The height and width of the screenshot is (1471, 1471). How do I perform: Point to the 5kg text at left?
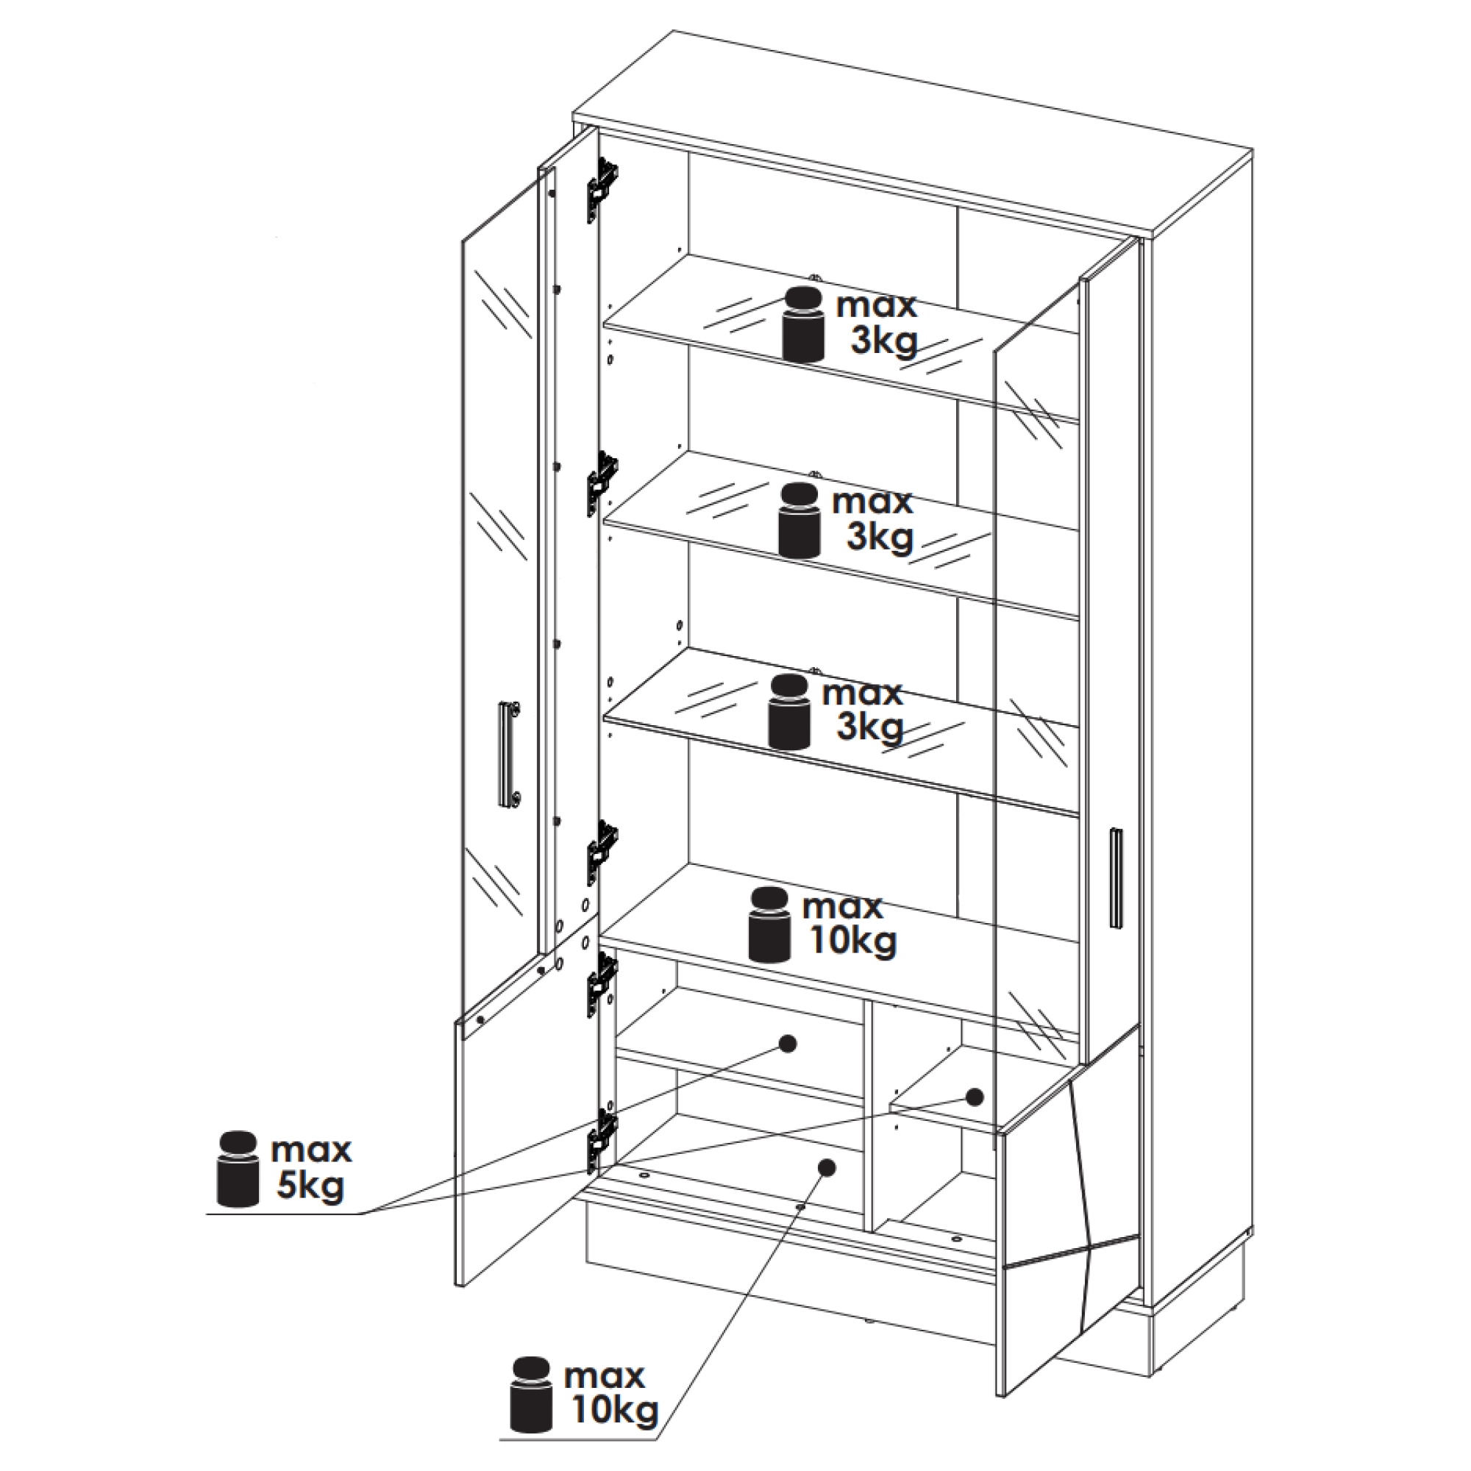pos(310,1188)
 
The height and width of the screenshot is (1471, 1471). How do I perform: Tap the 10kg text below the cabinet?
pos(613,1412)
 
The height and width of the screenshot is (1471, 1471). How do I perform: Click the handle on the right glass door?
pos(1117,878)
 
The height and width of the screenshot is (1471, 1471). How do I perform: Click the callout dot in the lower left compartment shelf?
pos(788,1043)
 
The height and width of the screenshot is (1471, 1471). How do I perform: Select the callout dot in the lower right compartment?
pos(974,1097)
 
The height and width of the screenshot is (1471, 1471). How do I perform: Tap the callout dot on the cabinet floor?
pos(827,1189)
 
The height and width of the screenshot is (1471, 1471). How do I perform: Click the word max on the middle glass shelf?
pos(872,502)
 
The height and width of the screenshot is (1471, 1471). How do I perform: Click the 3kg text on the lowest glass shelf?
pos(869,728)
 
